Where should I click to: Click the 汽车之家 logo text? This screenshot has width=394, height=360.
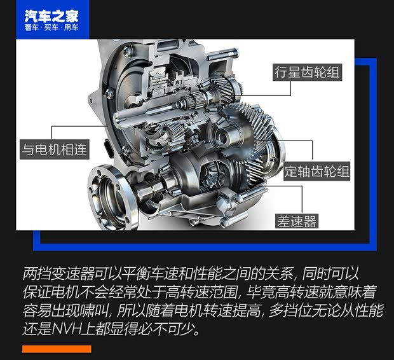click(x=51, y=16)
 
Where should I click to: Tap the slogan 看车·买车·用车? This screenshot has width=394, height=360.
click(x=51, y=27)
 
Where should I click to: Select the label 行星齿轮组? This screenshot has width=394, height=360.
click(x=307, y=73)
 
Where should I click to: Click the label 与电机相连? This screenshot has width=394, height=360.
click(x=55, y=149)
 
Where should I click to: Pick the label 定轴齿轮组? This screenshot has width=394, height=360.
click(x=316, y=171)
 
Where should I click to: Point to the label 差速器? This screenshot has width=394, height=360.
click(x=297, y=221)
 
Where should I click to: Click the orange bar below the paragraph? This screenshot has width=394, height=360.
click(x=57, y=349)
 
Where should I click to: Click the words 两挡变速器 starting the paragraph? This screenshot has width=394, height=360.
click(x=58, y=273)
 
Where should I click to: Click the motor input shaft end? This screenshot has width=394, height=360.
click(x=119, y=120)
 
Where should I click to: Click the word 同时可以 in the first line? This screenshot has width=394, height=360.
click(x=330, y=273)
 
